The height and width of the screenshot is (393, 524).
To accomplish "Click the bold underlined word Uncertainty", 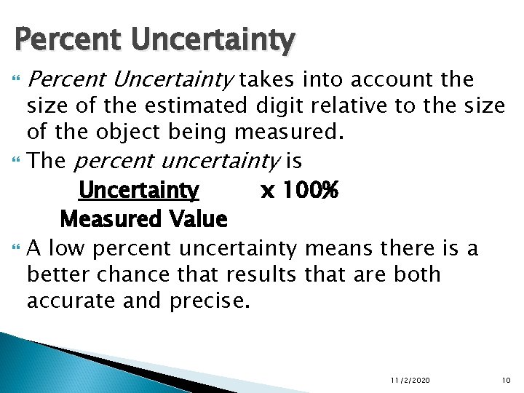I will click(138, 191).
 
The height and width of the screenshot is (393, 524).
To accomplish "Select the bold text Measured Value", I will click(143, 218).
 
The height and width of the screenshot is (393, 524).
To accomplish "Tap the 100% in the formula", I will click(309, 191).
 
